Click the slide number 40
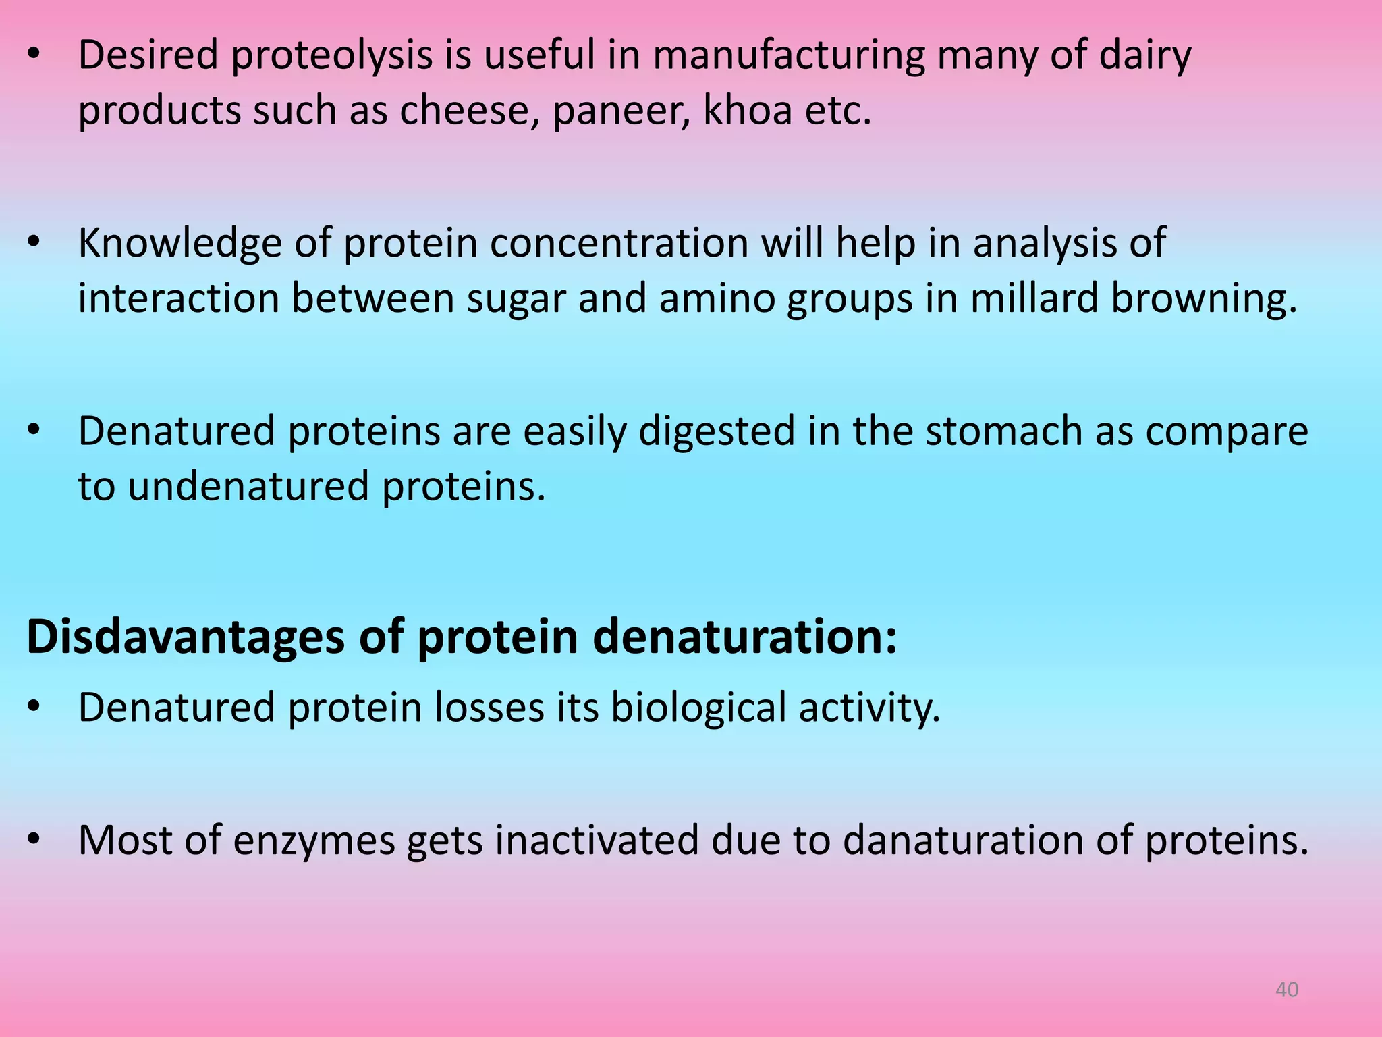click(x=1287, y=990)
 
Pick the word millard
click(x=1034, y=298)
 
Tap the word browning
click(x=1204, y=299)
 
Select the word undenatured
click(x=248, y=486)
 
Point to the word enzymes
click(x=314, y=842)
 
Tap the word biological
click(x=698, y=708)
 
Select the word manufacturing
click(x=789, y=55)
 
